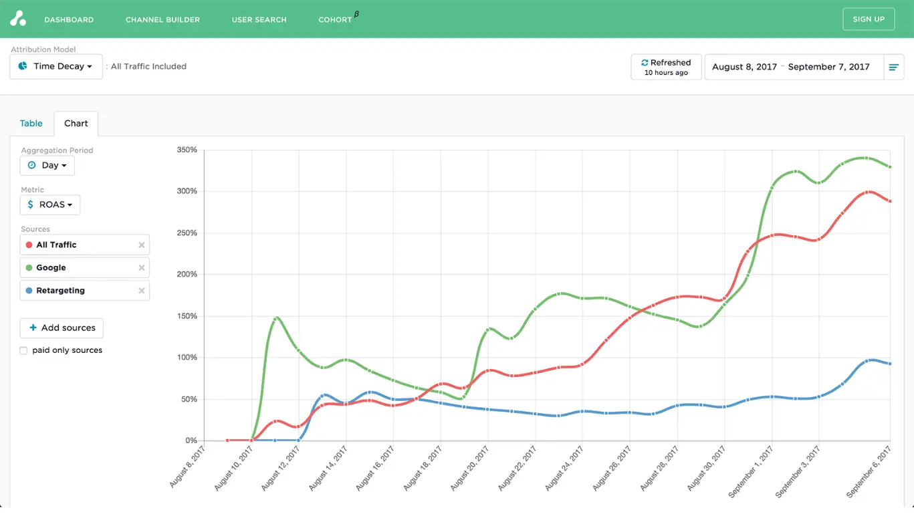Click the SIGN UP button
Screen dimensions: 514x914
pyautogui.click(x=868, y=19)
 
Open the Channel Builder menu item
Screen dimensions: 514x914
pyautogui.click(x=162, y=20)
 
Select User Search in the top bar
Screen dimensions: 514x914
pyautogui.click(x=259, y=20)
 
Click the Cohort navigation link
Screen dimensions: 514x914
pyautogui.click(x=335, y=20)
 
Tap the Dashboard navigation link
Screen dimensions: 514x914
pyautogui.click(x=69, y=20)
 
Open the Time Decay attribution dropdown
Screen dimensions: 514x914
pyautogui.click(x=56, y=67)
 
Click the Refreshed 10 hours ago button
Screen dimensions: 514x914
pyautogui.click(x=666, y=67)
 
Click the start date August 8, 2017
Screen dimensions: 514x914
pyautogui.click(x=744, y=67)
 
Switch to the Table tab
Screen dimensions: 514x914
pyautogui.click(x=31, y=124)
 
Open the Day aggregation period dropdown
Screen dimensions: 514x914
pyautogui.click(x=47, y=165)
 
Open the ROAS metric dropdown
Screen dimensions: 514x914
pyautogui.click(x=50, y=205)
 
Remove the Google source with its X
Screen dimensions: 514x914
pyautogui.click(x=141, y=268)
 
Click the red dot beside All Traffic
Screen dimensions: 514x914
pyautogui.click(x=29, y=245)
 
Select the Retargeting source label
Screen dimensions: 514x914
pyautogui.click(x=60, y=291)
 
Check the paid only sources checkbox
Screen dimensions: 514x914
pyautogui.click(x=23, y=351)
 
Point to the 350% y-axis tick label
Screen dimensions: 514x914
pyautogui.click(x=187, y=150)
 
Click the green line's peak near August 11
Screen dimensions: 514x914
pyautogui.click(x=276, y=317)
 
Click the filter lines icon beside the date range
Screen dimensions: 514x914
pyautogui.click(x=893, y=67)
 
